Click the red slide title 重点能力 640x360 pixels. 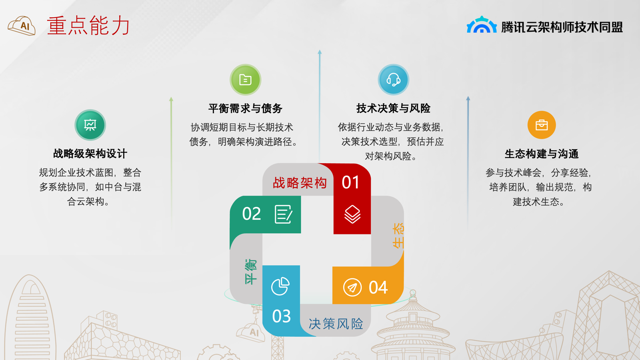(x=88, y=26)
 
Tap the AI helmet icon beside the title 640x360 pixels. (x=22, y=26)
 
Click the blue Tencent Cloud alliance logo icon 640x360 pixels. (x=482, y=24)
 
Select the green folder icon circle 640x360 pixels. (x=246, y=80)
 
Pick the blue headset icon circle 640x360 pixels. (x=394, y=80)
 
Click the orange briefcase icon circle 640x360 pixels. (x=542, y=125)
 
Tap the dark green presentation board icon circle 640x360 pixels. (x=90, y=125)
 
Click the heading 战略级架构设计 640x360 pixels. (x=90, y=154)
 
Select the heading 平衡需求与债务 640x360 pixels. (x=246, y=108)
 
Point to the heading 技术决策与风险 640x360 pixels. (x=394, y=108)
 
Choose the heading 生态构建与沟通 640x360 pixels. (x=542, y=154)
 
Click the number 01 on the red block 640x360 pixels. (x=350, y=182)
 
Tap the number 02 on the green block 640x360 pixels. (x=252, y=214)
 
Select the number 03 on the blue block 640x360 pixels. (x=282, y=316)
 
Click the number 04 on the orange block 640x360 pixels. (x=378, y=288)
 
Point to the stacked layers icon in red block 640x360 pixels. (x=352, y=214)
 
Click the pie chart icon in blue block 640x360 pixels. (x=280, y=286)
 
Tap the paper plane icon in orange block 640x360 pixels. (x=352, y=288)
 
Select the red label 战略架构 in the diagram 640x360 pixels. (x=300, y=183)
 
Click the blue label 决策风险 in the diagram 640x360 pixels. (x=336, y=324)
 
